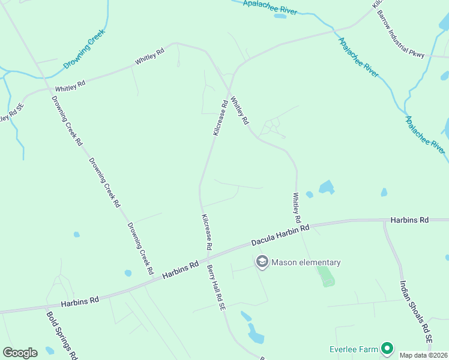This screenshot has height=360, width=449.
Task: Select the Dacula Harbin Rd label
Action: coord(280,235)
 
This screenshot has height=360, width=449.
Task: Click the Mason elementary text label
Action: coord(306,262)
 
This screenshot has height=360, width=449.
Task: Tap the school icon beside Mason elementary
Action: coord(262,262)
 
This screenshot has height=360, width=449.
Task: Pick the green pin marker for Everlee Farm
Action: coord(387,348)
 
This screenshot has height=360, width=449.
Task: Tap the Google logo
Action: coord(20,353)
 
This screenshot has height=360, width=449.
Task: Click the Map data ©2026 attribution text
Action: coord(424,355)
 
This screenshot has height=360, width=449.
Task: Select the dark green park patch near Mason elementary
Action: coord(325,276)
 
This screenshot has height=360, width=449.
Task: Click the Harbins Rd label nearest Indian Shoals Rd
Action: coord(409,220)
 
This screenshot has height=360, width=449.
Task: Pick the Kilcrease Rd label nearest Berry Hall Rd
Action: coord(206,232)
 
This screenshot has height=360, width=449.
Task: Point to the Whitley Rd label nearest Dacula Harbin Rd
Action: coord(297,205)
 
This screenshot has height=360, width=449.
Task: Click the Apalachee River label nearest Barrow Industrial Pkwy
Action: coord(359,58)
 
